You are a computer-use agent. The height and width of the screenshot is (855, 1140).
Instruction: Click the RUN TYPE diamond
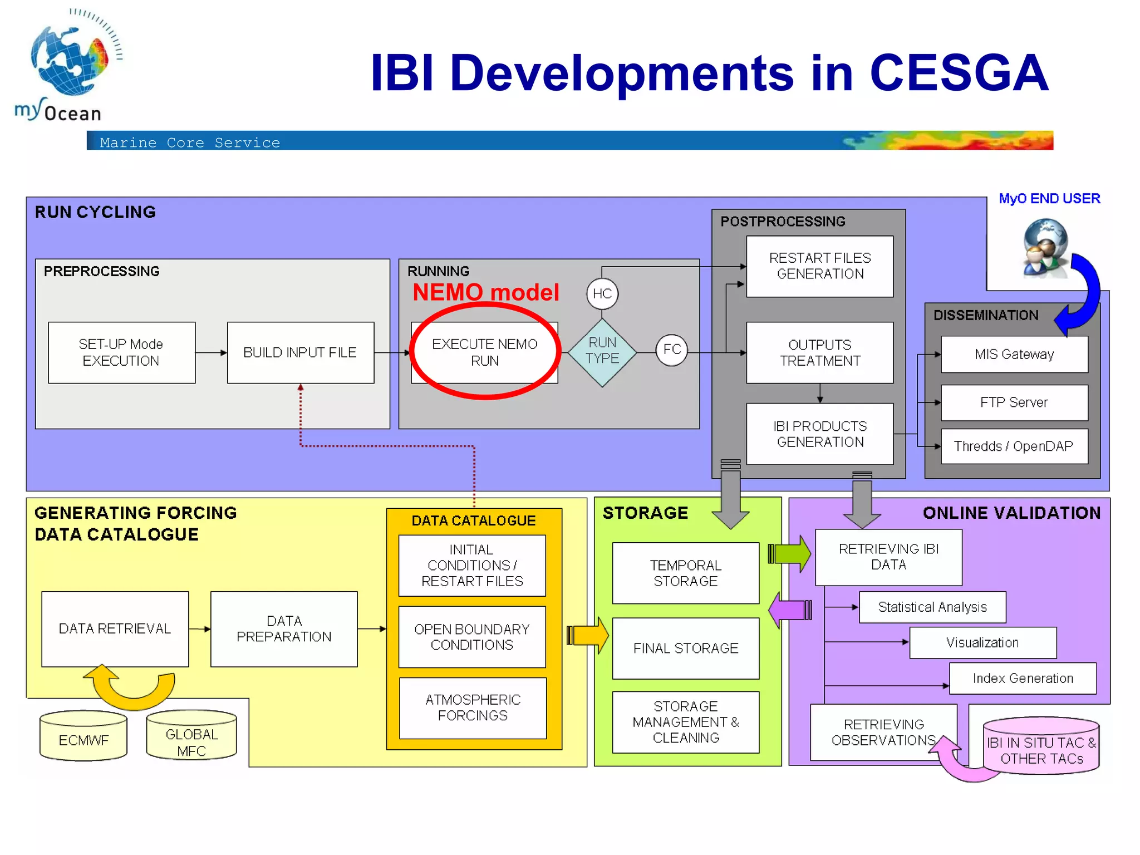tap(602, 352)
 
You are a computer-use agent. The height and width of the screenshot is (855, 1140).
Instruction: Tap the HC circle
tap(602, 293)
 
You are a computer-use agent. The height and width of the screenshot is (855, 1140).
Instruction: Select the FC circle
tap(671, 350)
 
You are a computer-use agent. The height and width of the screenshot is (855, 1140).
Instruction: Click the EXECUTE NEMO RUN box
tap(484, 352)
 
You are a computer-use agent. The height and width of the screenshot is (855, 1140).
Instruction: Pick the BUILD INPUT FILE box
tap(300, 352)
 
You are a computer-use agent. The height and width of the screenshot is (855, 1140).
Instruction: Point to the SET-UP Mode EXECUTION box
tap(121, 352)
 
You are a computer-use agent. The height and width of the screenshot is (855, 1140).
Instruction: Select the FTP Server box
tap(1014, 402)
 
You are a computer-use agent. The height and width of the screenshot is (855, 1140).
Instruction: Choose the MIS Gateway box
tap(1014, 354)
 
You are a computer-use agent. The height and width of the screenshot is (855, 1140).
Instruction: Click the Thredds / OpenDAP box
tap(1014, 446)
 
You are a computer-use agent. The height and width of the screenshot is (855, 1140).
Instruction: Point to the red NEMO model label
tap(485, 292)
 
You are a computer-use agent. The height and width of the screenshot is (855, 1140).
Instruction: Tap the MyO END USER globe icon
tap(1045, 248)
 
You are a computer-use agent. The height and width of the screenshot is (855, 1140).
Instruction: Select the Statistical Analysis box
tap(932, 607)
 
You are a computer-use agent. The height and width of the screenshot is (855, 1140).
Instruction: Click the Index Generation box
tap(1022, 678)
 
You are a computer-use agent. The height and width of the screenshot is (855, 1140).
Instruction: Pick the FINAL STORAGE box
tap(685, 648)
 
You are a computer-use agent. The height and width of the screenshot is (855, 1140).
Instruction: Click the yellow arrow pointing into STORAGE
tap(589, 635)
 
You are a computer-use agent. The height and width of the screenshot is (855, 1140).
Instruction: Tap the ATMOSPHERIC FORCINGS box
tap(473, 707)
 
